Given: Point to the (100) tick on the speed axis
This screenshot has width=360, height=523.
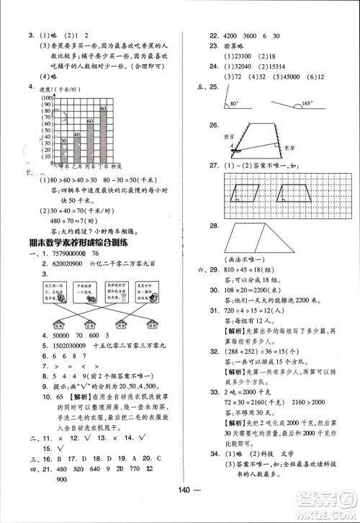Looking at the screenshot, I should tap(49, 97).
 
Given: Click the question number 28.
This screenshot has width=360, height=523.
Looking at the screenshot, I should tap(214, 225).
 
